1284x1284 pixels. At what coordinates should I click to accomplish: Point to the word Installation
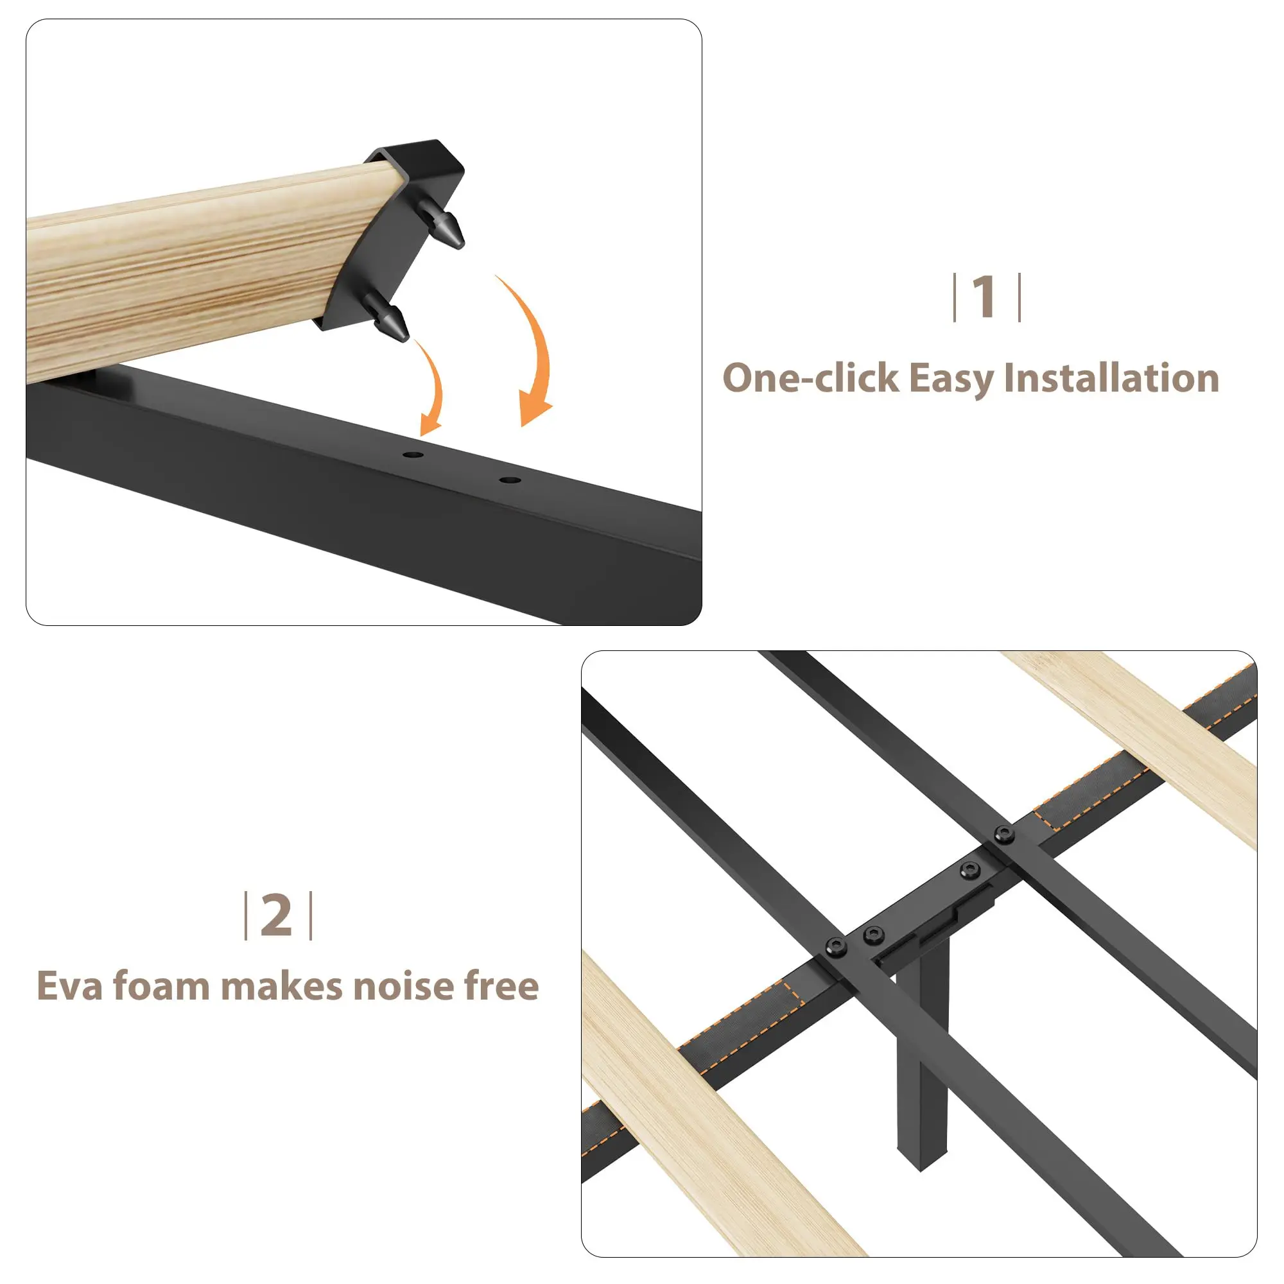tap(1111, 378)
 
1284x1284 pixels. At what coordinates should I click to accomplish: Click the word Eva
tap(70, 985)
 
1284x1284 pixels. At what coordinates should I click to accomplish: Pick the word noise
tap(403, 985)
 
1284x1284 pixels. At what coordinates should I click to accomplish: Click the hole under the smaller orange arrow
tap(413, 455)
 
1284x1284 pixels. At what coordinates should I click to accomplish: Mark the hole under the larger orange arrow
tap(510, 480)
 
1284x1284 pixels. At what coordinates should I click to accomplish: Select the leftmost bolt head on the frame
tap(836, 947)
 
